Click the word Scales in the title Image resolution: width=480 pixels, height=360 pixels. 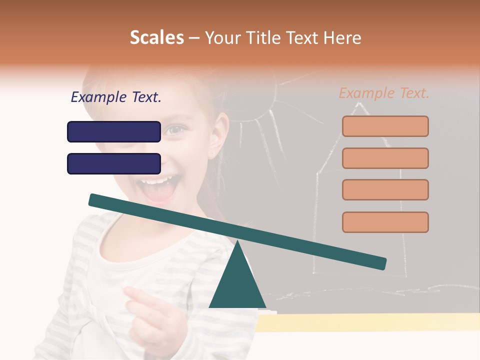(156, 37)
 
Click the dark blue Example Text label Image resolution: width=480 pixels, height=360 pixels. (116, 97)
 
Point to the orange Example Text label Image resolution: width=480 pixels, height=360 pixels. (384, 93)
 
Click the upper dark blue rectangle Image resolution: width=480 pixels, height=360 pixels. (114, 131)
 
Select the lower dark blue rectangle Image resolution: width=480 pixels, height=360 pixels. (114, 163)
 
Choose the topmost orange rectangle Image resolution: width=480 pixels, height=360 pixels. (385, 126)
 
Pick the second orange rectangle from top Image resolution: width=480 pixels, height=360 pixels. (385, 158)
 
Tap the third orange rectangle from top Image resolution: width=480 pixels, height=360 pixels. (385, 189)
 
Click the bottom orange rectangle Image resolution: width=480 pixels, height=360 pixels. (385, 222)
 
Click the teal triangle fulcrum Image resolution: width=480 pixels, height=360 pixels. (237, 285)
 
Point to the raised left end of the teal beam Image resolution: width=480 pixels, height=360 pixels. (95, 200)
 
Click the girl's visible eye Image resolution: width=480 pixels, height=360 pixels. (174, 130)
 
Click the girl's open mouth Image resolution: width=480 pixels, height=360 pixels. (158, 188)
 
